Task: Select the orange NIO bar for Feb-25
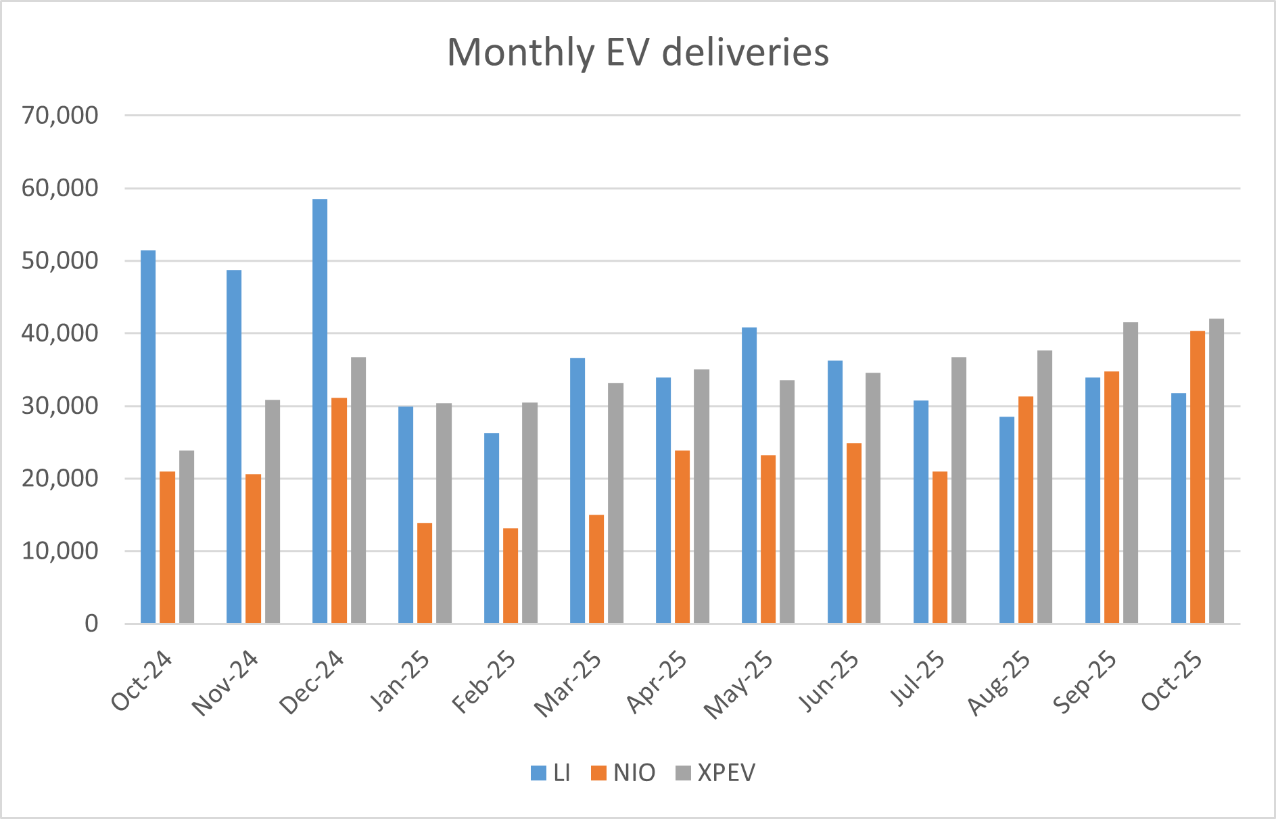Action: (x=511, y=576)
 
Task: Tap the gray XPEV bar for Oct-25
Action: (x=1216, y=471)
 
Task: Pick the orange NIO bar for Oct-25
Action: (x=1198, y=477)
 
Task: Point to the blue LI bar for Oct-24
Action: (x=148, y=436)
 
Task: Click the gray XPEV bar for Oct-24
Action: (x=187, y=536)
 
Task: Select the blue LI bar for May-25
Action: (x=749, y=475)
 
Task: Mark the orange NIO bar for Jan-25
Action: (x=425, y=573)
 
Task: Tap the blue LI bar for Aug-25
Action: (x=1007, y=519)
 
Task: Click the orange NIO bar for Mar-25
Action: (x=596, y=569)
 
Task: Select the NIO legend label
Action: (x=634, y=773)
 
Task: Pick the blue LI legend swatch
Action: (x=539, y=773)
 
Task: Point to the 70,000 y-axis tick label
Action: (x=60, y=116)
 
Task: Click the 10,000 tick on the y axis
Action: (x=60, y=551)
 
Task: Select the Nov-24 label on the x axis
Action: (x=225, y=683)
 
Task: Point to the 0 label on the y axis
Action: (x=91, y=624)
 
